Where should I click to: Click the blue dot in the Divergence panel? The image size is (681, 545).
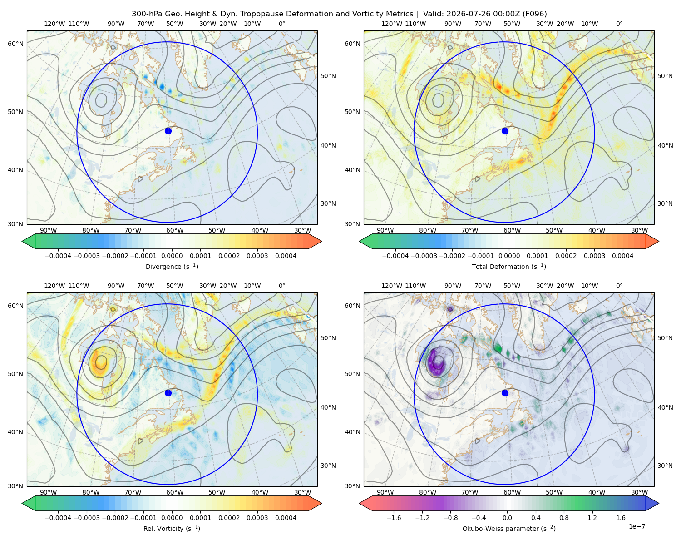168,131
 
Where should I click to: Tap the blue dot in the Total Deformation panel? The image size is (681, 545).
505,131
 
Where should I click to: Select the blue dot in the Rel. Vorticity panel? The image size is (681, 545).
168,393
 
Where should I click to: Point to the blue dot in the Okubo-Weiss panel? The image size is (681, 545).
505,393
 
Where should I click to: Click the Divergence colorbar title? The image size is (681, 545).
172,266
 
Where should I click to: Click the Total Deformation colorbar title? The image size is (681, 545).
509,266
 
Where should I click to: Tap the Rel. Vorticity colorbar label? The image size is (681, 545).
172,529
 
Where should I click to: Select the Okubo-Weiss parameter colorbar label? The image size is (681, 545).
509,529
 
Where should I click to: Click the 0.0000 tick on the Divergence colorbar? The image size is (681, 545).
172,256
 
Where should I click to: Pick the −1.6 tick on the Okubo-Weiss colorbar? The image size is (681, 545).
394,518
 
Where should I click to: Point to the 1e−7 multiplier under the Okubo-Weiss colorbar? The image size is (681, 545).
637,526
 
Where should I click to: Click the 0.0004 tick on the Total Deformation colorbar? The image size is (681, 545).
622,256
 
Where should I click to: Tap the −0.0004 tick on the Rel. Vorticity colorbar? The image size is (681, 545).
58,518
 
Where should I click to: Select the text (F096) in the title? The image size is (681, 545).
535,14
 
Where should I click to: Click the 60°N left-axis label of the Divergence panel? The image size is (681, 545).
15,44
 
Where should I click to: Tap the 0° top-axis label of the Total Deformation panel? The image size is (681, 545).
619,24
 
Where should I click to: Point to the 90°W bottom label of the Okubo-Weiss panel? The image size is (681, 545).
385,492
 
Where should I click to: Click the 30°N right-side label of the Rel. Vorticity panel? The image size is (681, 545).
328,466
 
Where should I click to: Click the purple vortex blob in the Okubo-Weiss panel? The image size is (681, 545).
436,362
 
